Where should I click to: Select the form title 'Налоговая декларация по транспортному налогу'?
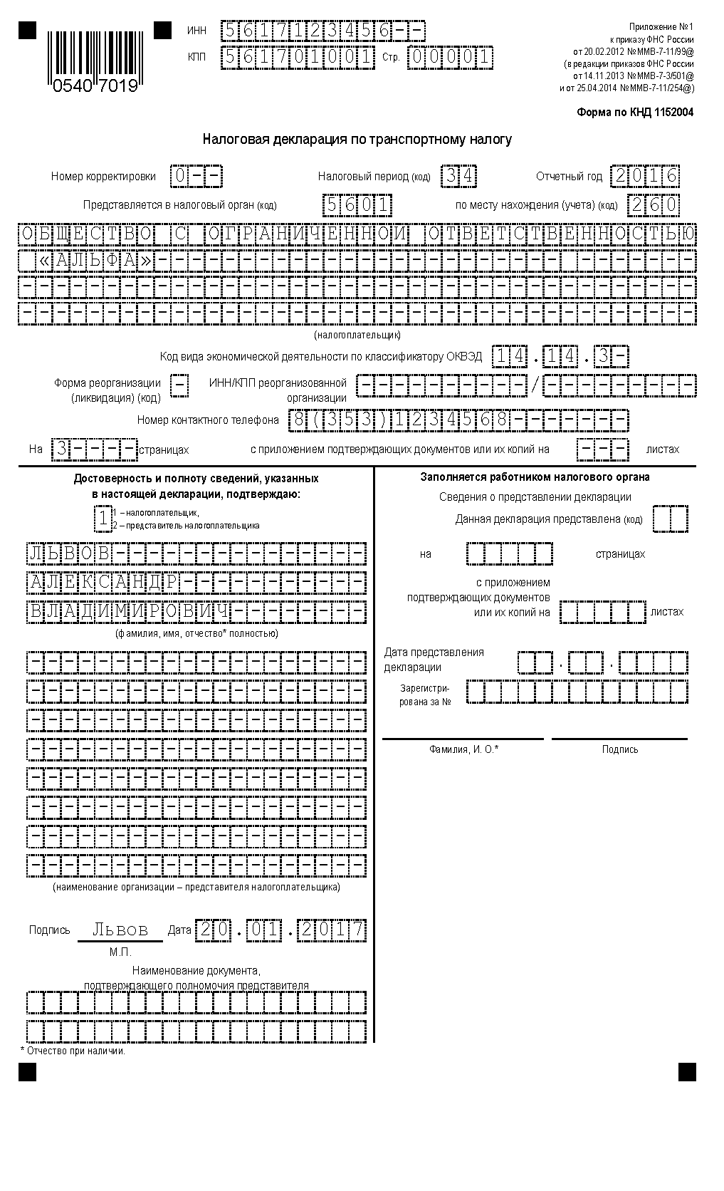point(357,140)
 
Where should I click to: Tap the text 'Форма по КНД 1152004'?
point(634,113)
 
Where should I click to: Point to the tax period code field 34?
point(458,176)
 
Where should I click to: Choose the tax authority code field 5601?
point(357,206)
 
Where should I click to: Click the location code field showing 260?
point(653,206)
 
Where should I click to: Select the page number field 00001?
point(450,57)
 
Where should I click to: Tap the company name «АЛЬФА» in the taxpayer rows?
point(95,261)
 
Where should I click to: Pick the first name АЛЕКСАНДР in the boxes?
point(103,583)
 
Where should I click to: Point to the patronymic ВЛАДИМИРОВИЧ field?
point(128,612)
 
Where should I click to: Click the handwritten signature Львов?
point(121,930)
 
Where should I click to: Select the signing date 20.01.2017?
point(281,930)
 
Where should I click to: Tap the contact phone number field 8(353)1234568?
point(399,420)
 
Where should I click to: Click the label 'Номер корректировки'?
point(103,177)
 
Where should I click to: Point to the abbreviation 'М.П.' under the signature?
point(120,952)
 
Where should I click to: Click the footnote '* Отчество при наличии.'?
point(73,1051)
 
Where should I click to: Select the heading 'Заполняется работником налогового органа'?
point(535,477)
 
